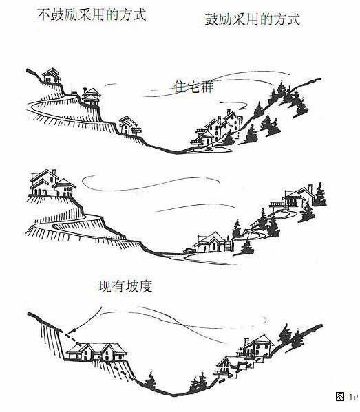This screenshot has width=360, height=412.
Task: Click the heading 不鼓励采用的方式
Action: pyautogui.click(x=92, y=14)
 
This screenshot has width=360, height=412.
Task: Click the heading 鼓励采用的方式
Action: pyautogui.click(x=253, y=19)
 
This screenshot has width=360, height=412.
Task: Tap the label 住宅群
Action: pyautogui.click(x=193, y=87)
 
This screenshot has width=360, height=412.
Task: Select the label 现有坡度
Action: pyautogui.click(x=125, y=286)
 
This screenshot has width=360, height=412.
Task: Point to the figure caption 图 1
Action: pyautogui.click(x=344, y=396)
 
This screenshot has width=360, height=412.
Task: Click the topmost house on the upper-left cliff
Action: pyautogui.click(x=52, y=76)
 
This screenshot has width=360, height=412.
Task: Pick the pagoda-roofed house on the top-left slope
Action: pyautogui.click(x=91, y=96)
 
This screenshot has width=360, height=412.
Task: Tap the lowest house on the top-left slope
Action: pyautogui.click(x=129, y=126)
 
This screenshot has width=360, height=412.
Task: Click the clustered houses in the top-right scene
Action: pyautogui.click(x=218, y=129)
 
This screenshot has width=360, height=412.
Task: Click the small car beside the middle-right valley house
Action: pyautogui.click(x=189, y=250)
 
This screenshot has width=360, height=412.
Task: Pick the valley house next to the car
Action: pyautogui.click(x=213, y=243)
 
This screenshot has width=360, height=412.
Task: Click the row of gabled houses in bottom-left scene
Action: pyautogui.click(x=97, y=352)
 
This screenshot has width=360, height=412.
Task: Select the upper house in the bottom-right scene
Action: pyautogui.click(x=255, y=347)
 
